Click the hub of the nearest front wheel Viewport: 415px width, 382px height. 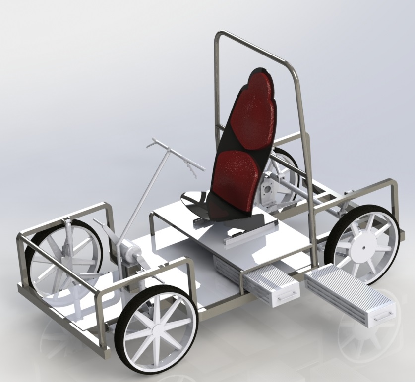click(156, 329)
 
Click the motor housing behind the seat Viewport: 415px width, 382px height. click(270, 191)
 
